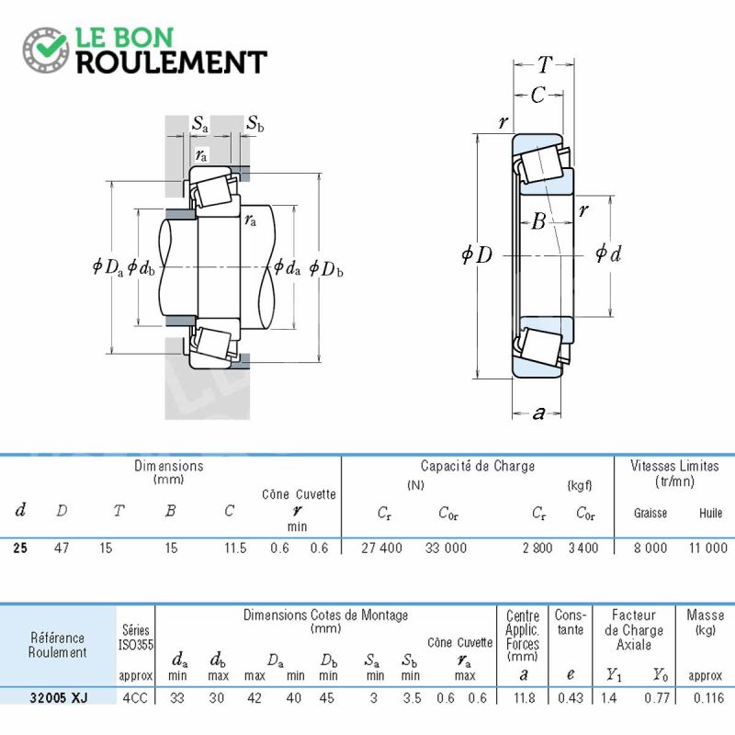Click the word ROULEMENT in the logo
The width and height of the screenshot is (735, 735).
point(172,62)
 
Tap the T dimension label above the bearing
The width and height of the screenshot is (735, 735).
point(545,64)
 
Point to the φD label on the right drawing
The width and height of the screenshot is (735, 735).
point(477,254)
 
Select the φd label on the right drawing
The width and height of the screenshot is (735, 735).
point(608,254)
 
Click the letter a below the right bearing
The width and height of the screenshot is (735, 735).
point(538,413)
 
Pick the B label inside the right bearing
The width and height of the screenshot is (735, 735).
point(539,220)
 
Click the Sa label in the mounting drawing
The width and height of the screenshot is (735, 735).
point(199,124)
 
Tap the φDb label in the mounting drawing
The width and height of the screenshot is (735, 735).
point(326,268)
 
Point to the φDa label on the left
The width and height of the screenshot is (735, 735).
point(107,267)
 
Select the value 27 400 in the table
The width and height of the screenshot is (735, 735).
point(381,548)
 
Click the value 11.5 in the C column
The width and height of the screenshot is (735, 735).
point(235,548)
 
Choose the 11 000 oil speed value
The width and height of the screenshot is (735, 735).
point(707,548)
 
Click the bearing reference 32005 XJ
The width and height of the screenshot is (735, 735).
point(59,697)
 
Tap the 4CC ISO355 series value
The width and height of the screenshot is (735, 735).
point(135,697)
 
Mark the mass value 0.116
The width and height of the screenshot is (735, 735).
point(707,697)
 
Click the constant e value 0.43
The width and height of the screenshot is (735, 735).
point(571,697)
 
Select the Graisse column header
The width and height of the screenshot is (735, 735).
point(650,513)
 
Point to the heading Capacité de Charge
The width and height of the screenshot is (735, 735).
point(478,466)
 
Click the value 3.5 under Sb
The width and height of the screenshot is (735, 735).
point(412,697)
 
